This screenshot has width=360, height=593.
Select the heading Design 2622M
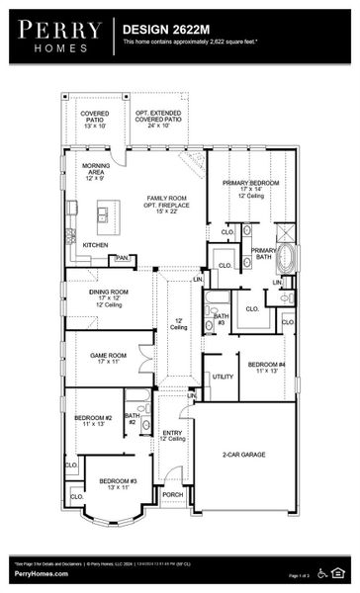[166, 31]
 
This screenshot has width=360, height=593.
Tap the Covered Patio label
[95, 118]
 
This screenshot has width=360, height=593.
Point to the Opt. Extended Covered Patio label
[164, 118]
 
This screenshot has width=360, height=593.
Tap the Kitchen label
[95, 244]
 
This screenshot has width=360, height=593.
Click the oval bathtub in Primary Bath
[286, 259]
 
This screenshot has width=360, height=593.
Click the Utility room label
[223, 377]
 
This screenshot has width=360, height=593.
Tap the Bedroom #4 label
[266, 368]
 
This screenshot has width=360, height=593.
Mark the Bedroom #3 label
[117, 484]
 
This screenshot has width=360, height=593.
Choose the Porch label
[172, 494]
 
